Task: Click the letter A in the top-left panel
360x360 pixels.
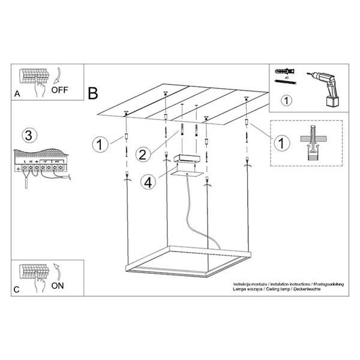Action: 17,94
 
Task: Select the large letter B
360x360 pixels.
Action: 94,93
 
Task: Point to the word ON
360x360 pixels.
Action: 57,286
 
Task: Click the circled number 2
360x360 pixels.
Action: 142,154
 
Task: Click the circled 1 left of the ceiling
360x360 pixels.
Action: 100,144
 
